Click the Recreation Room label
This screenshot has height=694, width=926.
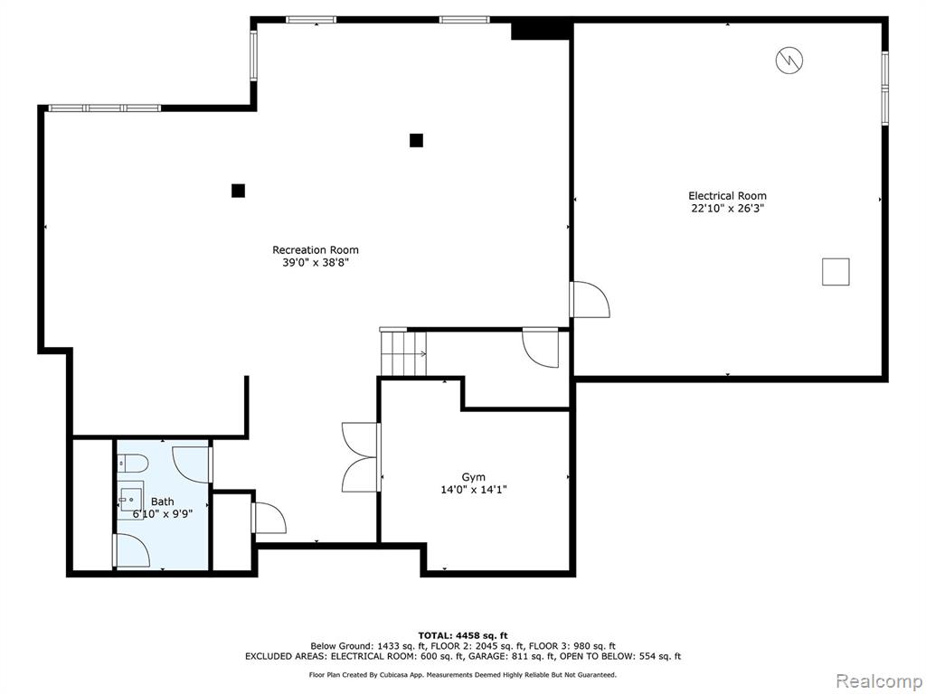click(x=316, y=249)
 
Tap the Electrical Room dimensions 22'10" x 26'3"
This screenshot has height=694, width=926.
click(x=728, y=209)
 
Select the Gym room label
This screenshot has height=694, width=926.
click(x=474, y=477)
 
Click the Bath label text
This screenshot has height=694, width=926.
click(x=163, y=502)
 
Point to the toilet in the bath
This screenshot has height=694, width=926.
click(x=132, y=464)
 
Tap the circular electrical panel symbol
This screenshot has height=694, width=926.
click(x=789, y=60)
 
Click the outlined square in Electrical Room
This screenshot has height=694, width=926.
click(x=836, y=271)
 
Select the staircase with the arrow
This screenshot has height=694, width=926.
click(x=403, y=353)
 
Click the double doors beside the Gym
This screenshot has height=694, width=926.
click(x=360, y=457)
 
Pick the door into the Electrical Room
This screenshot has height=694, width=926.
click(x=589, y=299)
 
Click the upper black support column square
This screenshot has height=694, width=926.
click(x=416, y=140)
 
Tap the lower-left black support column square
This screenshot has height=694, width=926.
click(x=238, y=191)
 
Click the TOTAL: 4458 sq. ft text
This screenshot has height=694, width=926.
click(x=463, y=635)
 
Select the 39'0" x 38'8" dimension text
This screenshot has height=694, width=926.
click(x=316, y=263)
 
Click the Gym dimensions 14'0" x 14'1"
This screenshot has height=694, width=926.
click(x=474, y=489)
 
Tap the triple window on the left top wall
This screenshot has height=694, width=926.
click(x=105, y=108)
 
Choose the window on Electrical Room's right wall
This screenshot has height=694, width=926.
click(x=884, y=89)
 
